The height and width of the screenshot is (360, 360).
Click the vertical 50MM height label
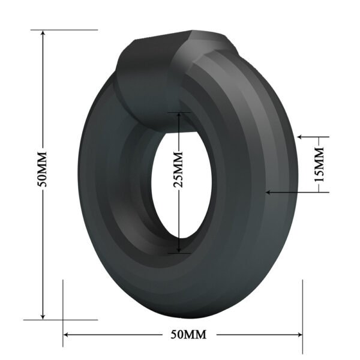(42, 174)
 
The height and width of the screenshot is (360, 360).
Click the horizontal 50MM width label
(184, 334)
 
